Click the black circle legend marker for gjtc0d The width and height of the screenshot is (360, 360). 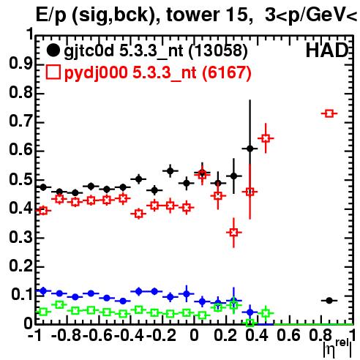(x=53, y=50)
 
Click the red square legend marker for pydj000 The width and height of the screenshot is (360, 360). (x=53, y=72)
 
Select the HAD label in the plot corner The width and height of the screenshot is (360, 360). (x=327, y=50)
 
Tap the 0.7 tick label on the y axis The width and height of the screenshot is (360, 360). (x=20, y=121)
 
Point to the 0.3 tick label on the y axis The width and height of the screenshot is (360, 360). (x=20, y=236)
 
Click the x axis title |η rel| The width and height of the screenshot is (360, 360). (x=337, y=348)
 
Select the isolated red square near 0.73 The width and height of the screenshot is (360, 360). (x=329, y=113)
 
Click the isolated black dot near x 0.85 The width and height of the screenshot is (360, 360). (x=329, y=301)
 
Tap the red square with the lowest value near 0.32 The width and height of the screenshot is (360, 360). (x=233, y=232)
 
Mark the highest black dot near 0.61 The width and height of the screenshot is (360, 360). (x=250, y=149)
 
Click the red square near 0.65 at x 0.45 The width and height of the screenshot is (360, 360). (x=266, y=138)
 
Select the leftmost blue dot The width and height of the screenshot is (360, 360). (x=43, y=290)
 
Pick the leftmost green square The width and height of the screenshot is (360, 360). (x=43, y=312)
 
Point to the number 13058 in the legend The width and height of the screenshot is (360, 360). (x=218, y=51)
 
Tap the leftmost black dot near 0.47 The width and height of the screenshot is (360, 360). (x=43, y=187)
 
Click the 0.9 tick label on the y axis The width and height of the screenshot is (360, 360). (x=20, y=64)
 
